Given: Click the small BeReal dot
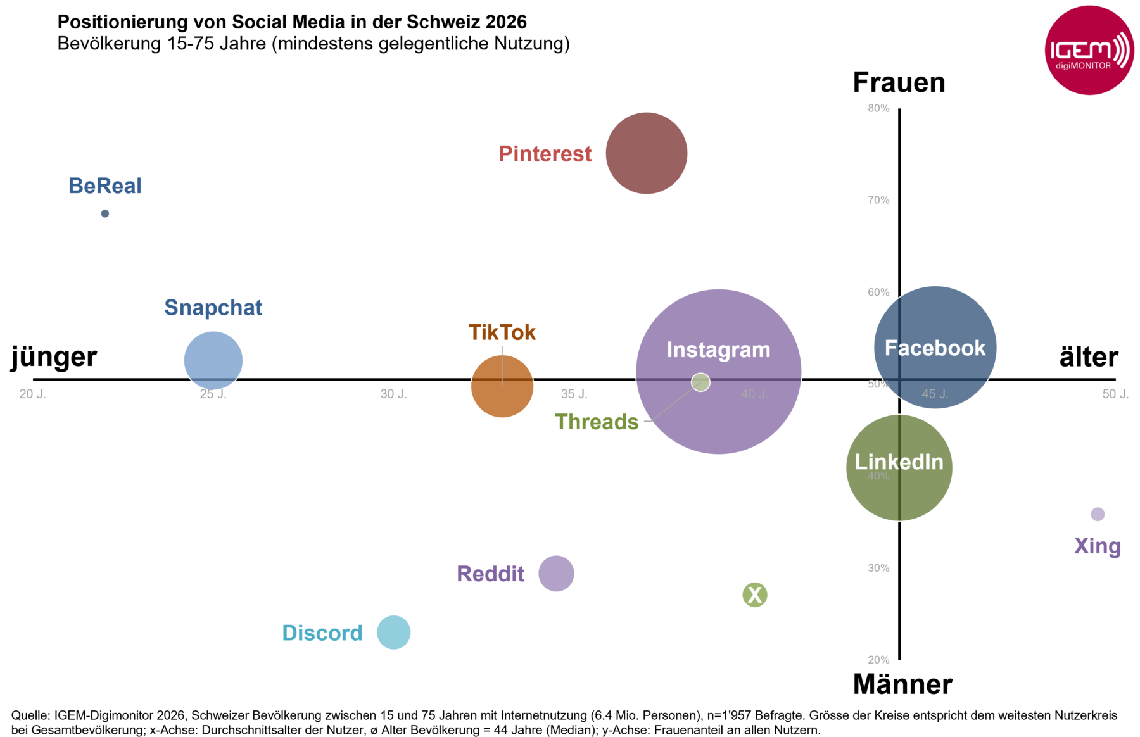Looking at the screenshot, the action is (x=105, y=213).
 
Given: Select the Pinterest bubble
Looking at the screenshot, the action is (x=647, y=153).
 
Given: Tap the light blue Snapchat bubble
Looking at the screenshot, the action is (x=213, y=360).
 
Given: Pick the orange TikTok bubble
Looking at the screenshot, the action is (x=502, y=386).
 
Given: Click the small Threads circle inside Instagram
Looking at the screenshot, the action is (x=700, y=382).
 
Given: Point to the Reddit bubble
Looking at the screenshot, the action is (x=556, y=574).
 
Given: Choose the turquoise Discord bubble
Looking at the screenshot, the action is (x=394, y=633).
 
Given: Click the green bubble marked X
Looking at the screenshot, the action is (x=755, y=595).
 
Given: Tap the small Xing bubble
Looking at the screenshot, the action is (x=1098, y=514).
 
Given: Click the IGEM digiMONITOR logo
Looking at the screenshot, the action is (x=1089, y=51).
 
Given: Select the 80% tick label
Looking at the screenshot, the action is (x=878, y=108).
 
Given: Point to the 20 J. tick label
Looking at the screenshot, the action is (x=32, y=394).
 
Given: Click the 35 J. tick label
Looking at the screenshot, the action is (x=574, y=394).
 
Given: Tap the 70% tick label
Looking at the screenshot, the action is (x=878, y=200).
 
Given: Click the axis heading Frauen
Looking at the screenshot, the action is (x=899, y=83).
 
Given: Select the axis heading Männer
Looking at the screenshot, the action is (x=902, y=684).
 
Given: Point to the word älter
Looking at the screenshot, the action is (x=1089, y=357).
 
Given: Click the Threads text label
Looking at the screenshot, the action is (x=597, y=422).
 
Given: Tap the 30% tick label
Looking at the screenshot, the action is (x=878, y=568).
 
